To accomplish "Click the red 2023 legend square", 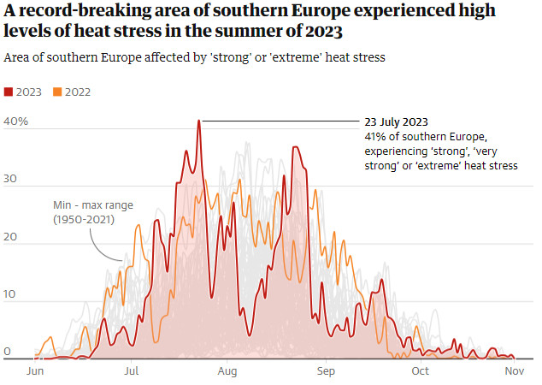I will [9, 92].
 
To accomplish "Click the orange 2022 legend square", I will [57, 92].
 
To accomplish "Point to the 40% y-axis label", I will [16, 121].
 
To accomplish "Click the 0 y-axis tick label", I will [7, 352].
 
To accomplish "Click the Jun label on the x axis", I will [36, 371].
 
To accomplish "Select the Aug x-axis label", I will [227, 371].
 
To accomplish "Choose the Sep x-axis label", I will [325, 371].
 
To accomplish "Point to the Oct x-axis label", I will [420, 371].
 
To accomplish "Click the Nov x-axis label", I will [514, 371].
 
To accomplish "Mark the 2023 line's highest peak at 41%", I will [199, 121].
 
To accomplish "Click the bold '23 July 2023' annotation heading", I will [397, 122].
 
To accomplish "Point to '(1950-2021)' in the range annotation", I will [82, 220].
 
